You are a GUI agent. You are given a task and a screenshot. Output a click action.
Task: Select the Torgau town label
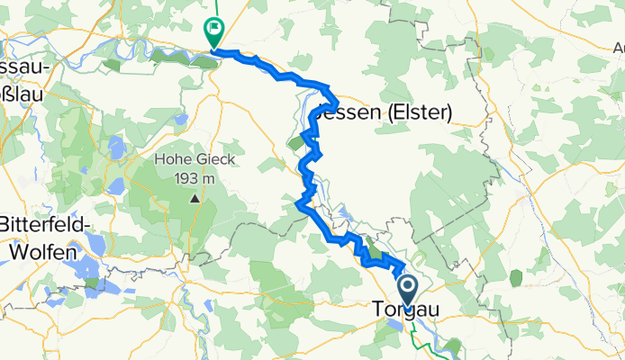[x=404, y=310]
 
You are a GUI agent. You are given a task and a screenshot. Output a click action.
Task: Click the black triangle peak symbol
[x=194, y=197]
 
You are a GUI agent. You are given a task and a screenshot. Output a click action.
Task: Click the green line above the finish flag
[x=216, y=9]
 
